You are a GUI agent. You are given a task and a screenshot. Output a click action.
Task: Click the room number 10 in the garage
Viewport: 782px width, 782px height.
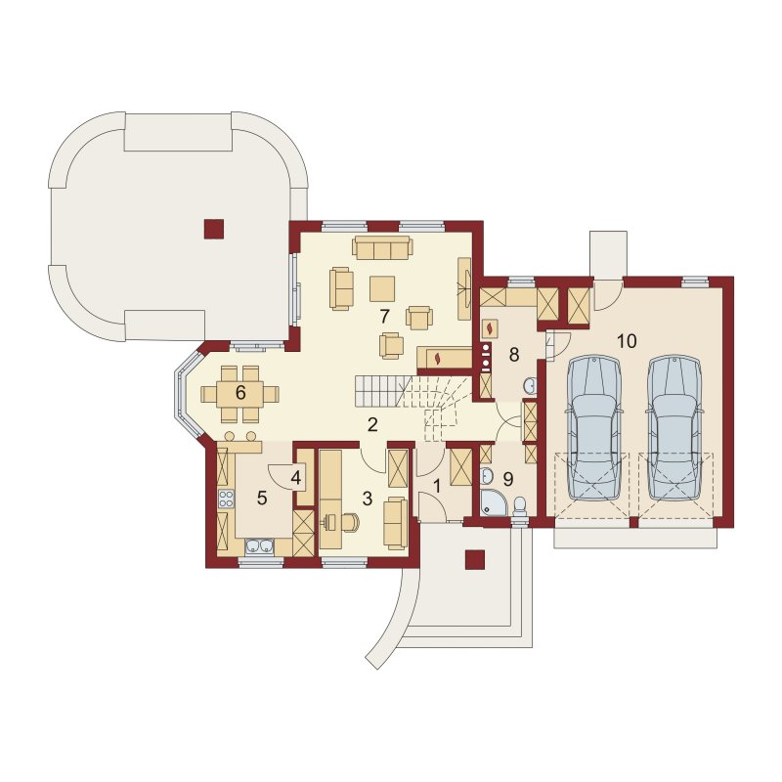coord(627,341)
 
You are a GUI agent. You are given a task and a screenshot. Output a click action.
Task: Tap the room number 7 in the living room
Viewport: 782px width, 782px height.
coord(383,316)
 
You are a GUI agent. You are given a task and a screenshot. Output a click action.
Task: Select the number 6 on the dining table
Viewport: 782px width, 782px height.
coord(240,393)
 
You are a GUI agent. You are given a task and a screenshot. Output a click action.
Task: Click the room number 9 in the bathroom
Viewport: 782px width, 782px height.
coord(508,479)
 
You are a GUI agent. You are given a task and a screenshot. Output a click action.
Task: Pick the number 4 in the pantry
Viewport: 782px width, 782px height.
coord(296,478)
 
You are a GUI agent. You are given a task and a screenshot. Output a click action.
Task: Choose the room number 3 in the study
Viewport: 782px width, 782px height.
coord(368,499)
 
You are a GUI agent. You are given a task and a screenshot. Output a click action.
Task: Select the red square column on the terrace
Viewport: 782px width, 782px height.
coord(213,229)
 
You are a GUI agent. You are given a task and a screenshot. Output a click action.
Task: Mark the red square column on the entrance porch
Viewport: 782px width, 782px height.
coord(474,559)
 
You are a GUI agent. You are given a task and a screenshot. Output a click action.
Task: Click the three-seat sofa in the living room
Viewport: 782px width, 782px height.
coord(382,248)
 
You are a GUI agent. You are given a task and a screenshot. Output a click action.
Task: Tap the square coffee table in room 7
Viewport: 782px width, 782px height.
coord(382,288)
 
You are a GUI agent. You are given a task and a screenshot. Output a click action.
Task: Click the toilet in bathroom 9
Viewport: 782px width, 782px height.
coord(520,505)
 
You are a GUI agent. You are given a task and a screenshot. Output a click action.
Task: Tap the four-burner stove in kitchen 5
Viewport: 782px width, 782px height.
coord(226,498)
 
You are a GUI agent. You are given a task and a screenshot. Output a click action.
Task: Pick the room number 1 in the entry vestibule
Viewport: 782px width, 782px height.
coord(437,486)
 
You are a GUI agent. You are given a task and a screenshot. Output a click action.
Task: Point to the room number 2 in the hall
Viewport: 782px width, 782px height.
coord(372,425)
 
